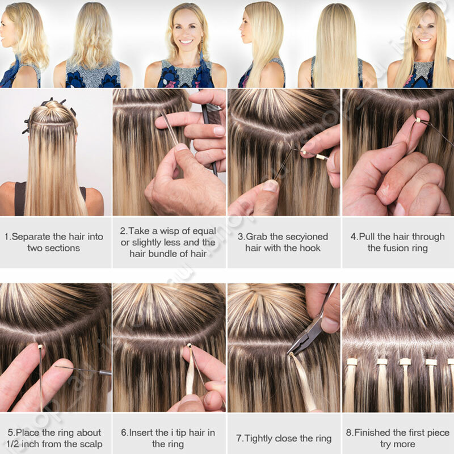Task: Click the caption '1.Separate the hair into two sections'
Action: (x=54, y=242)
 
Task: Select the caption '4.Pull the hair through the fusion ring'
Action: (x=397, y=242)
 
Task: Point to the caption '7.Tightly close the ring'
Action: (x=283, y=438)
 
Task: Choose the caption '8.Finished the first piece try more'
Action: (x=397, y=438)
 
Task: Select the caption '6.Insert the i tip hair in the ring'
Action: (x=168, y=438)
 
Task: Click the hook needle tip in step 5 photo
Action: (x=107, y=373)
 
